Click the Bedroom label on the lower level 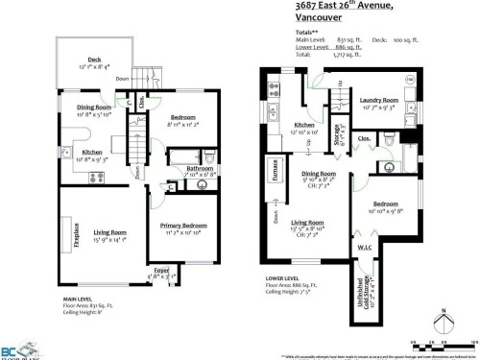[387, 204]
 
